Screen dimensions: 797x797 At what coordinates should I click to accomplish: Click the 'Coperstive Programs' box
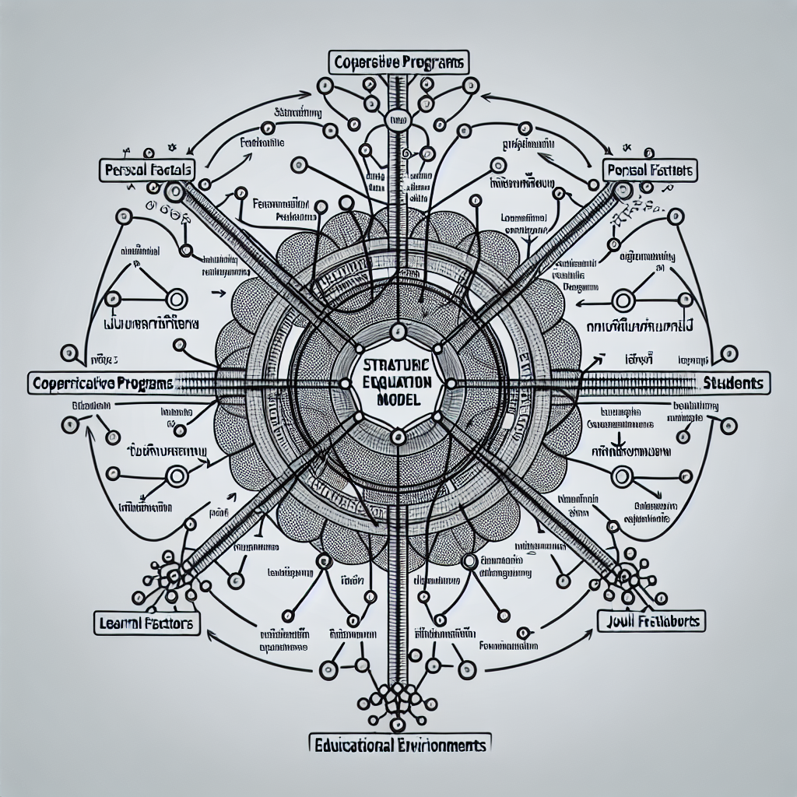coord(398,62)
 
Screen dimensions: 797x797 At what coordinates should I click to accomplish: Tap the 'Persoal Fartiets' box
coord(651,168)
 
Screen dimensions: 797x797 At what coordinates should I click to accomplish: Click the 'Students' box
coord(735,383)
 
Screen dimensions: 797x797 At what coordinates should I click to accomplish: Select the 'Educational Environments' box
coord(398,745)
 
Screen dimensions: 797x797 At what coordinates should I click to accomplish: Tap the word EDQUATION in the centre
coord(398,383)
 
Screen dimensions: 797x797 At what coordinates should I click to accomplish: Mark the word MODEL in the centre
coord(398,399)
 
